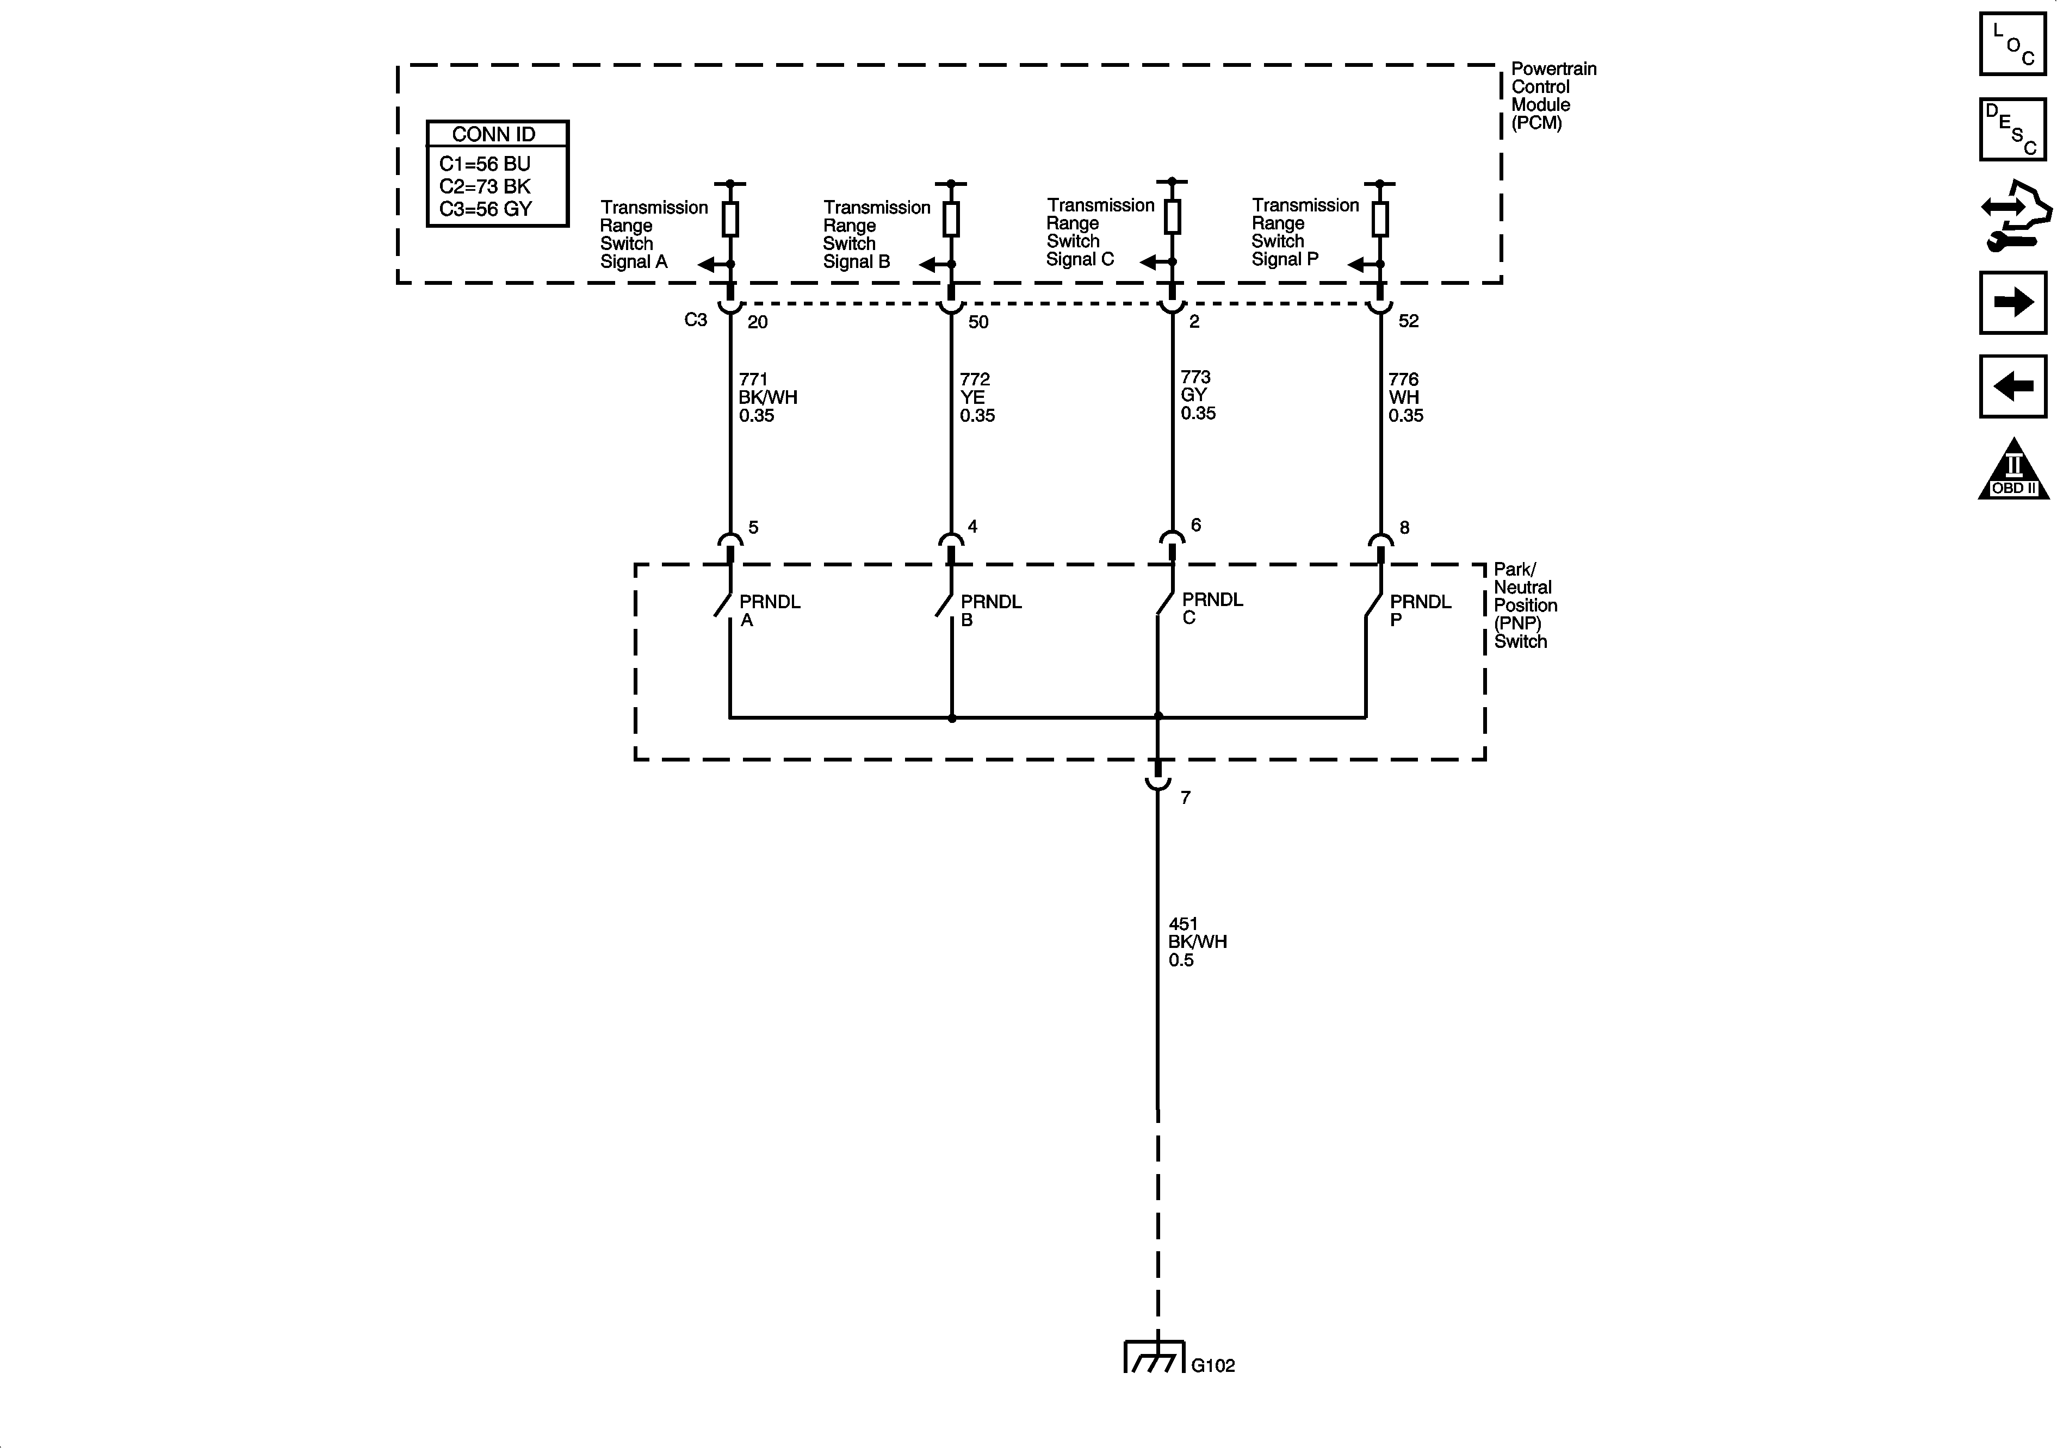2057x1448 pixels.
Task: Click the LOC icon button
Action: click(2012, 44)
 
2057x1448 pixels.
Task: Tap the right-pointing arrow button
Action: click(2012, 303)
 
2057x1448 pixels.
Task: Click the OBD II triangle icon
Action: click(2013, 470)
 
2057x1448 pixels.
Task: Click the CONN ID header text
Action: click(494, 134)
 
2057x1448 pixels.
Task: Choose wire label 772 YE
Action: click(976, 397)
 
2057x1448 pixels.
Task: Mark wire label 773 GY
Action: click(1198, 395)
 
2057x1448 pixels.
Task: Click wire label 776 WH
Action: click(1405, 397)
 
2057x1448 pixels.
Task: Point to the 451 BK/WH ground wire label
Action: click(1197, 941)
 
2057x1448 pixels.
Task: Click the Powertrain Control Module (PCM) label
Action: click(1553, 96)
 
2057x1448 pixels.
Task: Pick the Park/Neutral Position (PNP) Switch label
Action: click(1525, 606)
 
